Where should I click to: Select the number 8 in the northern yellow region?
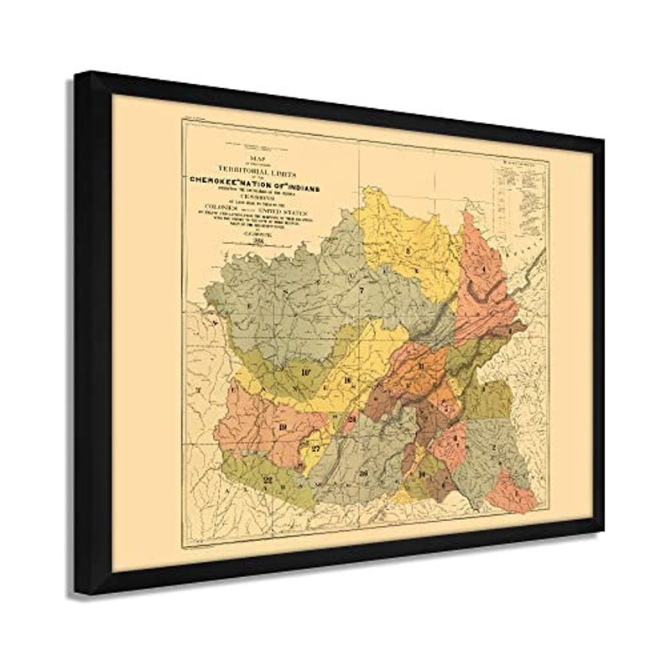(x=408, y=250)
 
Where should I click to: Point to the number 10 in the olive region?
(x=305, y=369)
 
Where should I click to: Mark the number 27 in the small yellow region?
(x=315, y=449)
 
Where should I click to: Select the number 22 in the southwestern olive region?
(x=268, y=479)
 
